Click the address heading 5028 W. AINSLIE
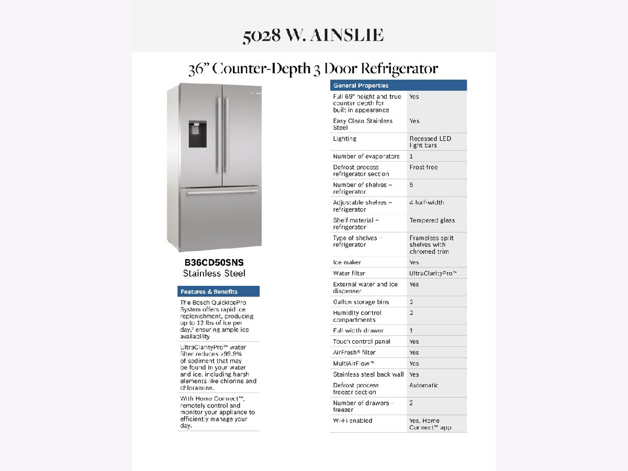coord(313,36)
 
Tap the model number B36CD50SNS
coord(214,263)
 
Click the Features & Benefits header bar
coord(219,291)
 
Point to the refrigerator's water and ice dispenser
coord(197,134)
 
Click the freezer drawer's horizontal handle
coord(222,193)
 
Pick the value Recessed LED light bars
coord(430,142)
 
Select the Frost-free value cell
coord(423,167)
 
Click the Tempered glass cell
coord(432,220)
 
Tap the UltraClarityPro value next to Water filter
coord(433,273)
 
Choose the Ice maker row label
coord(347,262)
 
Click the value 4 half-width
coord(427,203)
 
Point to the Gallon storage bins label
coord(361,302)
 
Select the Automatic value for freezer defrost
coord(424,385)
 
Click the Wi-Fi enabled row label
coord(353,421)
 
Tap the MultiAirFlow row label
coord(354,363)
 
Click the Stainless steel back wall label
coord(368,374)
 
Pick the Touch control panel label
coord(362,341)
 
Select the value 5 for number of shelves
coord(411,185)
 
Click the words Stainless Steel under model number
coord(214,274)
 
